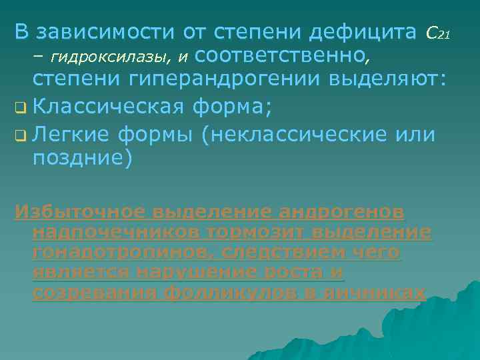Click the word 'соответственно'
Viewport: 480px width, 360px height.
284,56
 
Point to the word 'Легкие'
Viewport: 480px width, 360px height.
72,134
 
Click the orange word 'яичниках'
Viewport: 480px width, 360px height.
380,293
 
